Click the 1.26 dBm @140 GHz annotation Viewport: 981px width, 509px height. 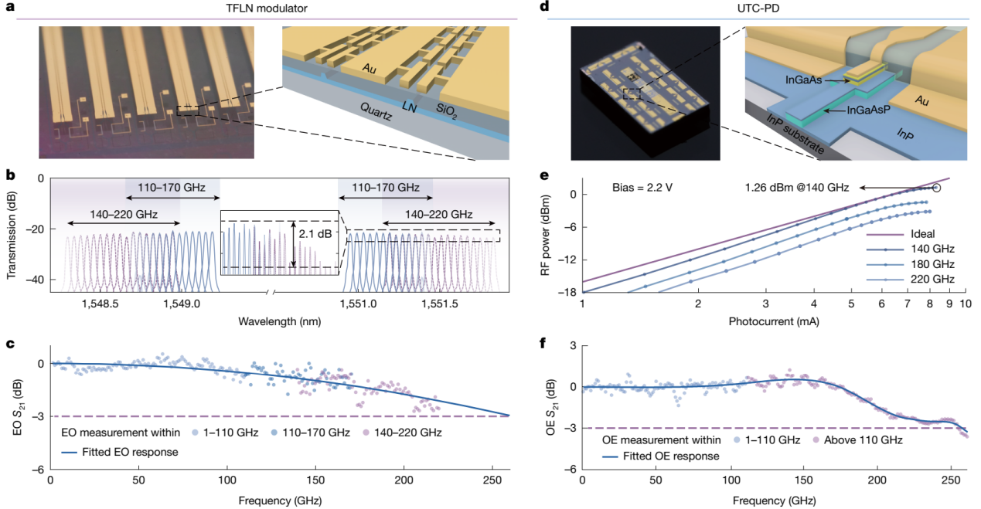click(797, 188)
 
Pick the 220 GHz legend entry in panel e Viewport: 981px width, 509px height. click(933, 279)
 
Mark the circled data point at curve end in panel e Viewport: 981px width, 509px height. click(937, 188)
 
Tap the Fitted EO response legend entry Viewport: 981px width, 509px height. click(131, 452)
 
